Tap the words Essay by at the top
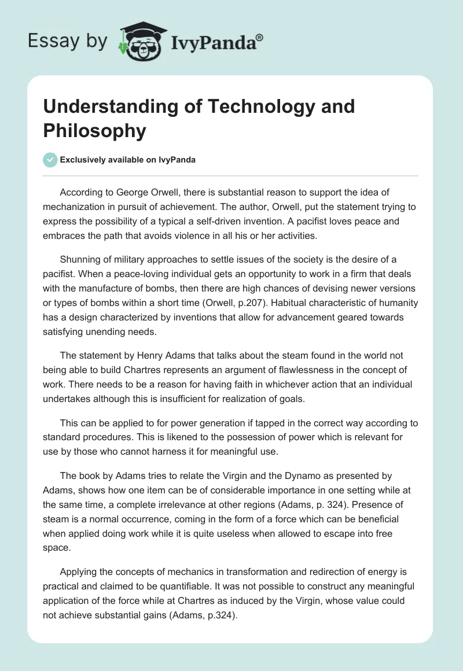[x=68, y=41]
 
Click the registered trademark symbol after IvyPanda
[x=260, y=36]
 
